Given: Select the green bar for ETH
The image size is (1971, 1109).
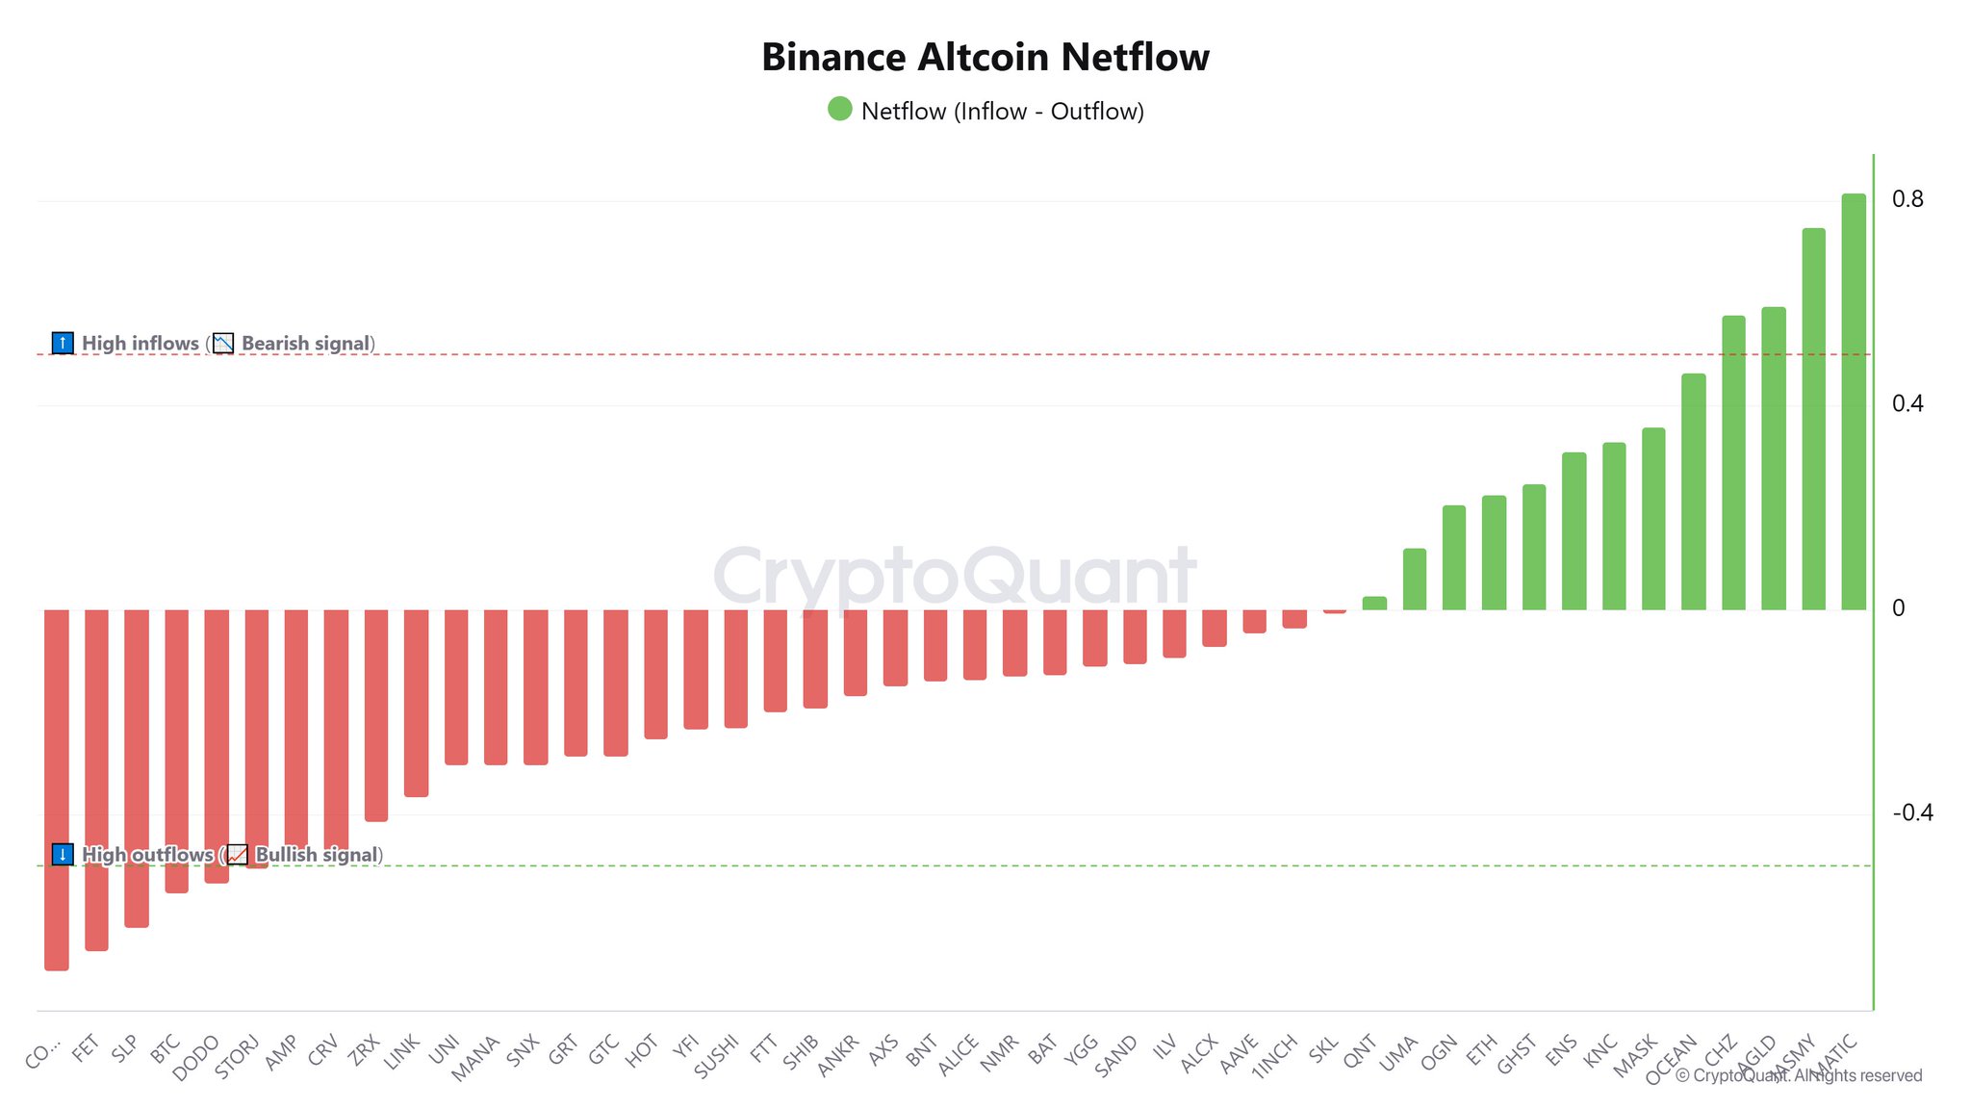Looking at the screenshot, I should (x=1494, y=553).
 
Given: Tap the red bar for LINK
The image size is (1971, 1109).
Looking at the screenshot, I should (x=416, y=703).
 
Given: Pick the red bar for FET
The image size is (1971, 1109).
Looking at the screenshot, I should (x=96, y=780).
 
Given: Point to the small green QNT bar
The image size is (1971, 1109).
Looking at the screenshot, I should (x=1374, y=604).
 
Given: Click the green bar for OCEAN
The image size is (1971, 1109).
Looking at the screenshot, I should (x=1693, y=492).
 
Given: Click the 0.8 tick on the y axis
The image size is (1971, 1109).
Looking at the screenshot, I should (x=1907, y=199).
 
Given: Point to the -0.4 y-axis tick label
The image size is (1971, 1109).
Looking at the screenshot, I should (x=1911, y=813).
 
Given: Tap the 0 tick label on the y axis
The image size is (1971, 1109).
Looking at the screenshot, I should (x=1898, y=608).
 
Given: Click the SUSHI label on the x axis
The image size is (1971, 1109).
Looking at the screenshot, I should (x=717, y=1056).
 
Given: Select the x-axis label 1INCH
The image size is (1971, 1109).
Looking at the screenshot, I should (x=1275, y=1057).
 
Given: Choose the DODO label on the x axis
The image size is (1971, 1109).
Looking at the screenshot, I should (x=197, y=1057).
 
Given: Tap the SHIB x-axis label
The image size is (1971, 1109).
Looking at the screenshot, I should (x=801, y=1052).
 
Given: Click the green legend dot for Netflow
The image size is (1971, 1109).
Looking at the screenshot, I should (x=840, y=109).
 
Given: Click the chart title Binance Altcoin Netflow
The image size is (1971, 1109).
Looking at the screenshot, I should (x=985, y=57).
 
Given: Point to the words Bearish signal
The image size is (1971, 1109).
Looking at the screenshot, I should (x=305, y=344).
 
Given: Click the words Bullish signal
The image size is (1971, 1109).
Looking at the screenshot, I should (x=316, y=855).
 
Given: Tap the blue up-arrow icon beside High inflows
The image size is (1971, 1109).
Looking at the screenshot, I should (x=63, y=343).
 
